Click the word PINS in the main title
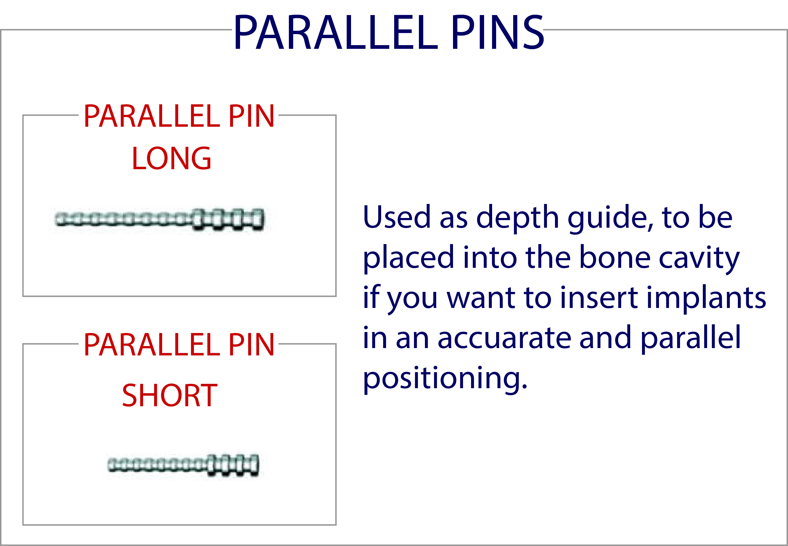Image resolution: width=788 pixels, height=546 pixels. coord(497,33)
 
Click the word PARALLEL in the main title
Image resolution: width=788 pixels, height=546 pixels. coord(336,33)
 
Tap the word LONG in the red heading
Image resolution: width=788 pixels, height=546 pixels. coord(172,158)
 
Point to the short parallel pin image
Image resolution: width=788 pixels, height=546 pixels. coord(183,465)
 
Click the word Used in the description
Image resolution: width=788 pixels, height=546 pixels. coord(396,217)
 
